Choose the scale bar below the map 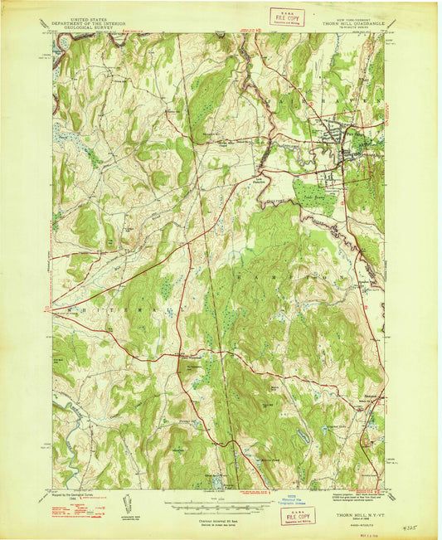pyautogui.click(x=219, y=505)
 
